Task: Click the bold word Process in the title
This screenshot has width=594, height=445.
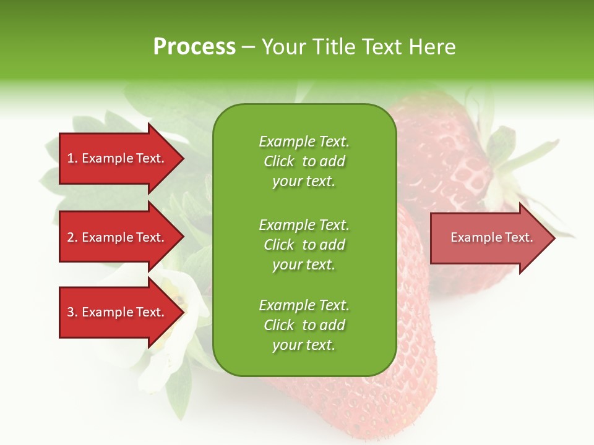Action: click(194, 47)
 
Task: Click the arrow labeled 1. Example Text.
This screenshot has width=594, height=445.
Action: click(118, 158)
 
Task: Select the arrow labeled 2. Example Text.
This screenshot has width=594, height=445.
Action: click(118, 237)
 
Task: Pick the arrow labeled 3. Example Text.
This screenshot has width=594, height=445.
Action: click(118, 312)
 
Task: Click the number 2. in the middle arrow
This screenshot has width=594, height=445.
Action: click(72, 237)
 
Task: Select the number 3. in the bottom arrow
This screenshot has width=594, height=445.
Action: click(72, 312)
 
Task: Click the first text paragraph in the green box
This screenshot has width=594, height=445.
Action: click(304, 161)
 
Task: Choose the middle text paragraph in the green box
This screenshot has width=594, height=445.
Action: click(304, 245)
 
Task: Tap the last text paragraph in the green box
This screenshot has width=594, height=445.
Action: click(304, 325)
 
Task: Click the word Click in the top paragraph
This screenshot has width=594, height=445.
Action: click(279, 161)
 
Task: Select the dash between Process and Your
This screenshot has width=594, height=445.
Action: click(248, 48)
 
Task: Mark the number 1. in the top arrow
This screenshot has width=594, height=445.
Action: click(72, 158)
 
